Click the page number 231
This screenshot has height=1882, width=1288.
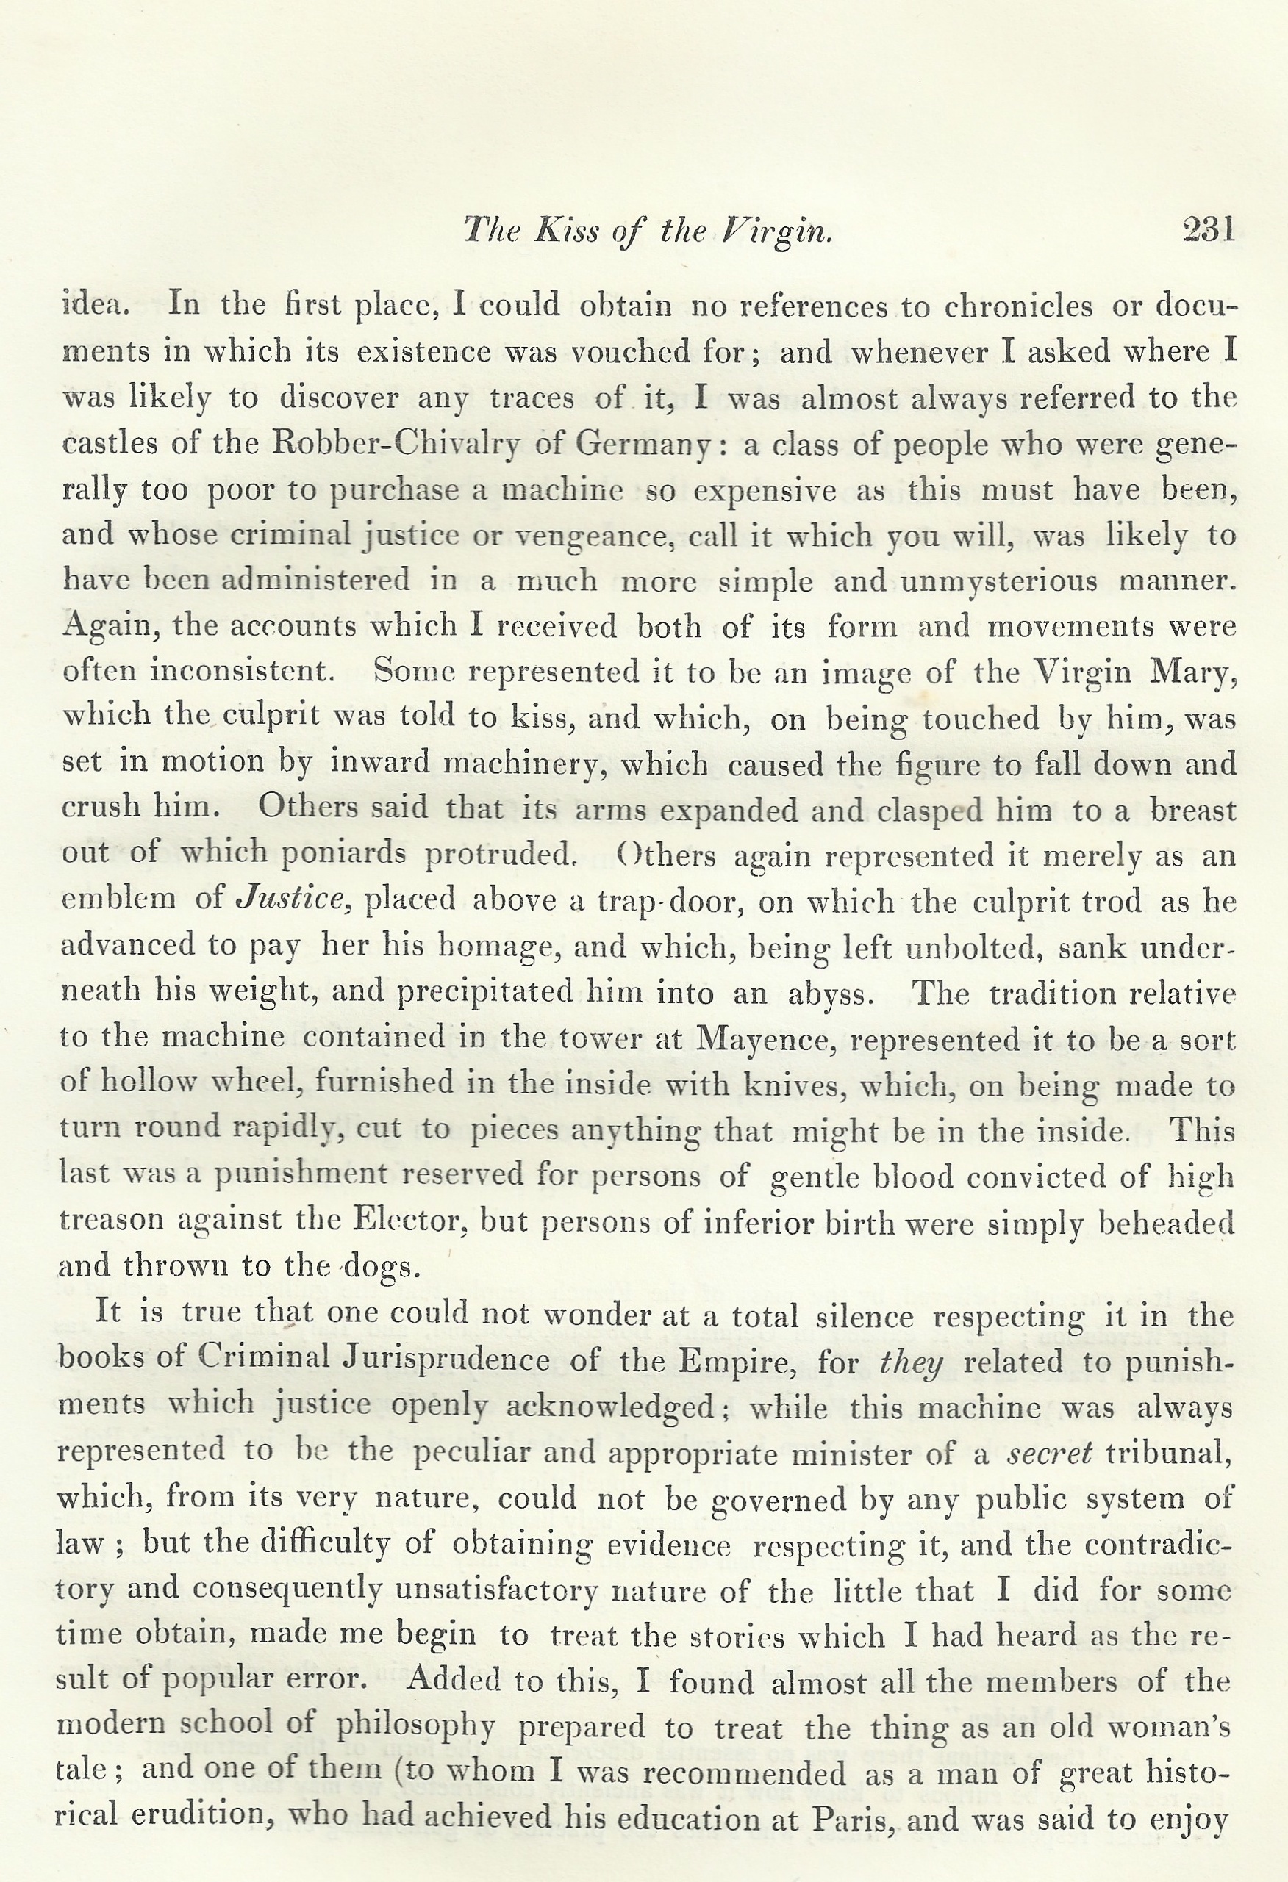tap(1208, 231)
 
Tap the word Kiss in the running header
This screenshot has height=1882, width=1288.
tap(566, 231)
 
